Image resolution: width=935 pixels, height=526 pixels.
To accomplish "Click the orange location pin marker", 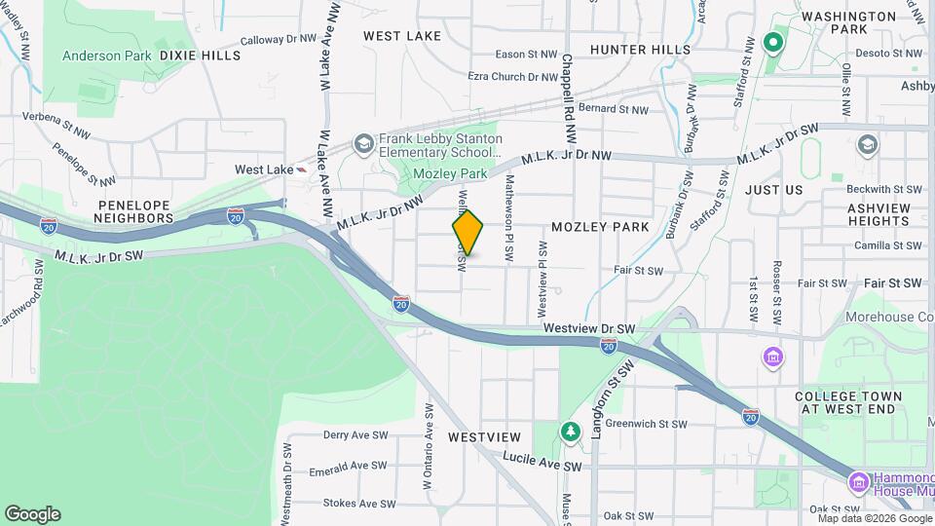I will click(467, 232).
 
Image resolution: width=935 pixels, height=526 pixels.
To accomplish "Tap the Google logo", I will click(32, 514).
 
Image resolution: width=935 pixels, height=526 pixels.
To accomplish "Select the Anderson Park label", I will click(106, 56).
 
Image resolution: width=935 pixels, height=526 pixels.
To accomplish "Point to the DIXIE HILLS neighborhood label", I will click(200, 56).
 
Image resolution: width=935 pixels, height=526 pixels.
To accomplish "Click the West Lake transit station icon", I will click(303, 169).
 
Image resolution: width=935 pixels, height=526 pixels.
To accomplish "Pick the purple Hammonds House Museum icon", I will click(858, 482).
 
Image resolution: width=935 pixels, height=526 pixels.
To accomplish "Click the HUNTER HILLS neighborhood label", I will click(641, 49).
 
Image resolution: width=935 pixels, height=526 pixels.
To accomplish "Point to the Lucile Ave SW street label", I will click(542, 462).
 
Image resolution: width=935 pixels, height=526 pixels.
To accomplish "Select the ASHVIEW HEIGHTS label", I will click(864, 214).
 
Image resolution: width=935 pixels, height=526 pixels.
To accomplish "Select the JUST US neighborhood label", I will click(773, 190).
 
